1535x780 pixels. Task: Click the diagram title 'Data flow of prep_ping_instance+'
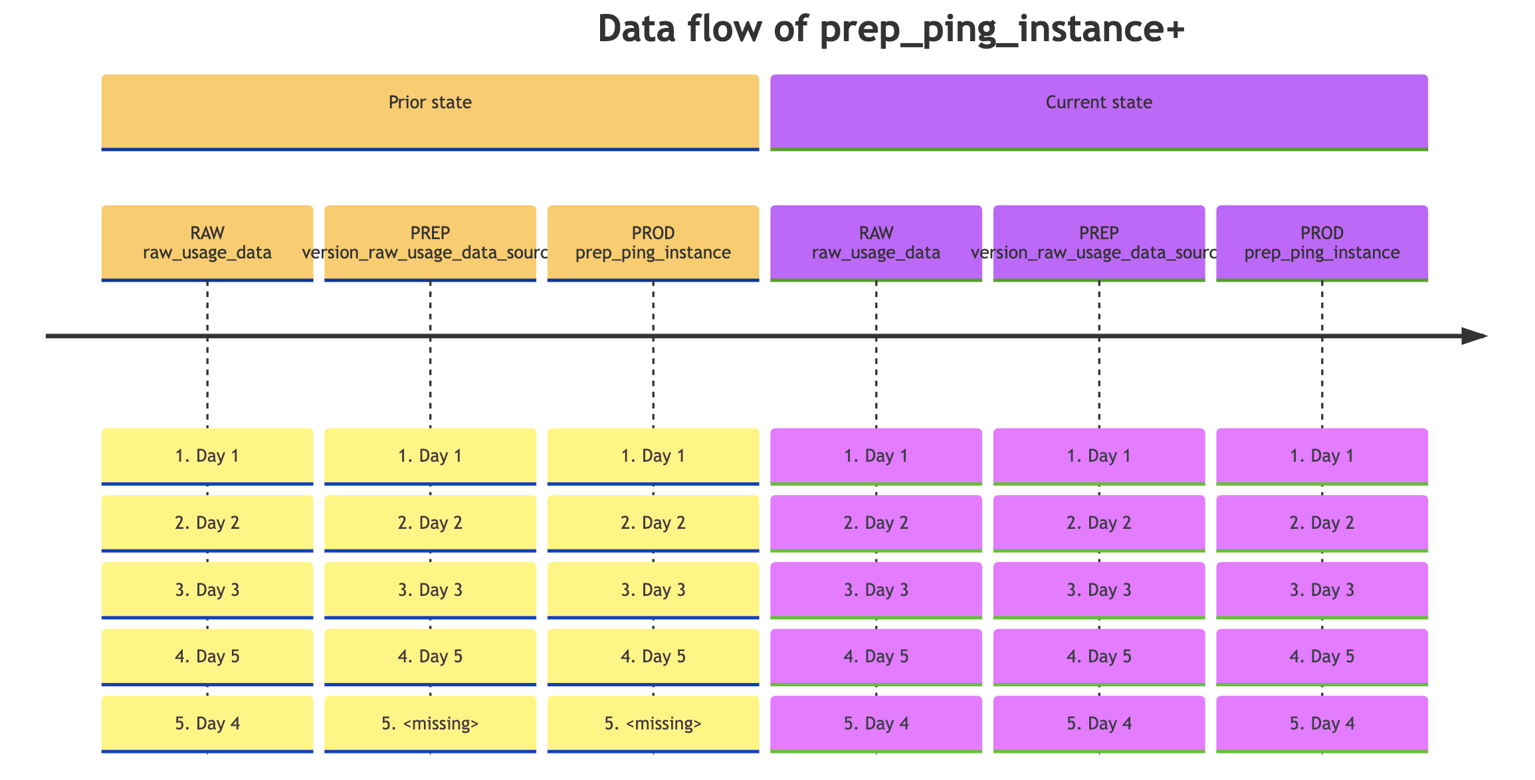click(890, 29)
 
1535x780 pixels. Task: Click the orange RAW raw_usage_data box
click(207, 243)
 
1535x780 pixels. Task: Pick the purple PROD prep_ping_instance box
click(1322, 243)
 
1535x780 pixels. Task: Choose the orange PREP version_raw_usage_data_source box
click(430, 243)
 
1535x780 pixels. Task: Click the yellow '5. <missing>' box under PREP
click(430, 724)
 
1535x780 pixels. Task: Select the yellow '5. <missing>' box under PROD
click(653, 724)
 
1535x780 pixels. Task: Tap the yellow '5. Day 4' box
click(207, 724)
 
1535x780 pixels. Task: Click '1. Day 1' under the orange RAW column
click(207, 456)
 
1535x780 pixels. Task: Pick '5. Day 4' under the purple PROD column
click(1322, 724)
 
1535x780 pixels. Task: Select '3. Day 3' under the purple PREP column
click(1099, 590)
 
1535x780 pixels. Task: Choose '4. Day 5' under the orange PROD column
click(653, 656)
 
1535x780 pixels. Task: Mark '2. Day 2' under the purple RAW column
click(876, 523)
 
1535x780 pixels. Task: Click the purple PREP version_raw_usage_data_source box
click(1099, 243)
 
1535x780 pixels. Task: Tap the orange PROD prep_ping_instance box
click(653, 243)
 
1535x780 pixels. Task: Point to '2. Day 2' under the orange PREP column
click(430, 523)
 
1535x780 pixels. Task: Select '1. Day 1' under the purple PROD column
click(1322, 456)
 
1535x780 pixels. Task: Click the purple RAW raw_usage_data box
click(876, 243)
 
